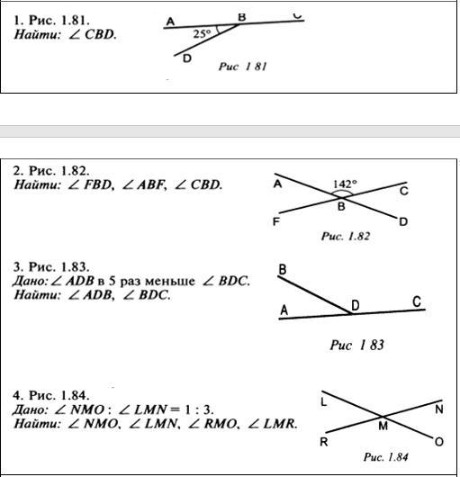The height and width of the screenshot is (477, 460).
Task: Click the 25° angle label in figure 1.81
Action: point(202,34)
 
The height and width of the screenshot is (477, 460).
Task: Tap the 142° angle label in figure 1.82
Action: point(345,184)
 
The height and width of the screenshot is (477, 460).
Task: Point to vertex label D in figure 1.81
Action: point(187,58)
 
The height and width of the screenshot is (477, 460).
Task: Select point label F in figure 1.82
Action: point(276,221)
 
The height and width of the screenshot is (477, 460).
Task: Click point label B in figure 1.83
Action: point(283,269)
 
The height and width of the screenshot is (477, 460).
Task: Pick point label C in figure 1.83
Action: point(417,301)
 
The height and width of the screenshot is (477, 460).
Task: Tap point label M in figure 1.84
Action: point(383,426)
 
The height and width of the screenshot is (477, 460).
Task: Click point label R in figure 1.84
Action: point(324,442)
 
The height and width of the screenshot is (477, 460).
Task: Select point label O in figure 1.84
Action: point(439,442)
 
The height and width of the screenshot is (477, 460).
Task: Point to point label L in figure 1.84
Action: point(324,402)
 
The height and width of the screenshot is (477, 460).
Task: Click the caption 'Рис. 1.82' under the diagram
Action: point(346,237)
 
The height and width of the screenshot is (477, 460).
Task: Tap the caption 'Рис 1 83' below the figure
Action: point(356,345)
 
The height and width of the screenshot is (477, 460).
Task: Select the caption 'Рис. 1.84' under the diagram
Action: point(386,457)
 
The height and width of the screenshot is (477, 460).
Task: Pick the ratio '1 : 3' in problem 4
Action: point(198,409)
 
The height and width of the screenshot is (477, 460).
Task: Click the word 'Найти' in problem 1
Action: point(38,34)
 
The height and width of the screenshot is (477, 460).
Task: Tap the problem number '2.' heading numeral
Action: point(18,171)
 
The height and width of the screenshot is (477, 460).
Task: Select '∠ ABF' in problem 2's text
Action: point(145,184)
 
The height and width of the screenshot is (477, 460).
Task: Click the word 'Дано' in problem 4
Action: point(30,409)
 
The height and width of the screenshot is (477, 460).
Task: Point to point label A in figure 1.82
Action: point(277,184)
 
